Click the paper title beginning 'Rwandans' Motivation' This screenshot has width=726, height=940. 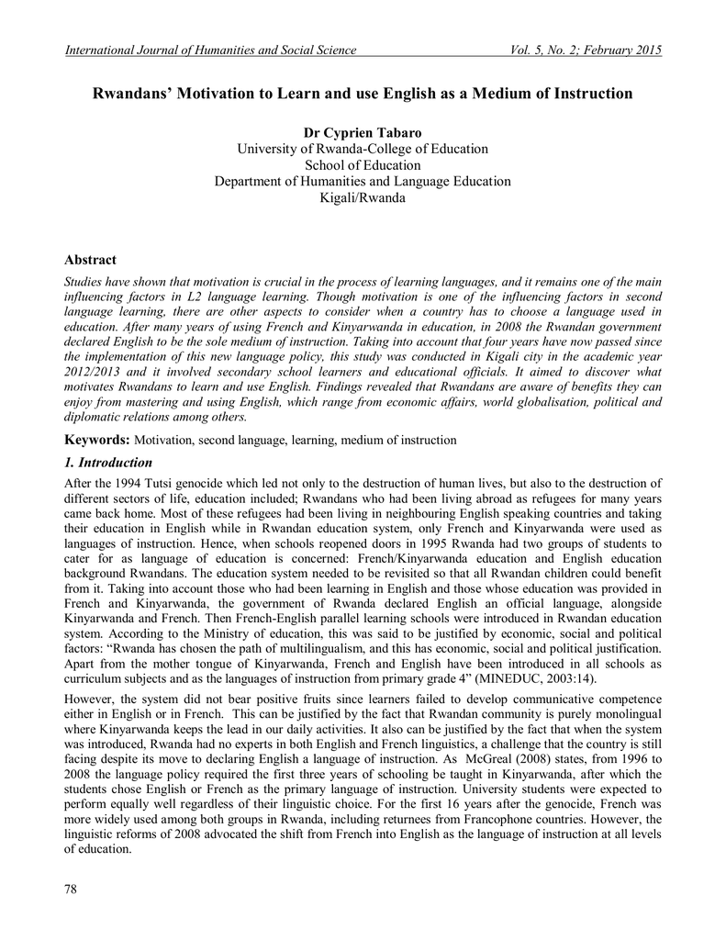click(x=363, y=94)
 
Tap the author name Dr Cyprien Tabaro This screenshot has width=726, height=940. click(x=363, y=133)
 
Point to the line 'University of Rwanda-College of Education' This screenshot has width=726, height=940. click(x=363, y=149)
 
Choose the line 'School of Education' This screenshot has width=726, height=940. click(x=363, y=165)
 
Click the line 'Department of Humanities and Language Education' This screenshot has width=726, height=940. click(x=363, y=182)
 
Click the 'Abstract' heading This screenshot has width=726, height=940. click(x=91, y=261)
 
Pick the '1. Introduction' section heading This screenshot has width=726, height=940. click(x=108, y=462)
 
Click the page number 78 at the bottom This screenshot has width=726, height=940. click(x=72, y=890)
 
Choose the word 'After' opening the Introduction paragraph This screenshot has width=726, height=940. click(x=79, y=483)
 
